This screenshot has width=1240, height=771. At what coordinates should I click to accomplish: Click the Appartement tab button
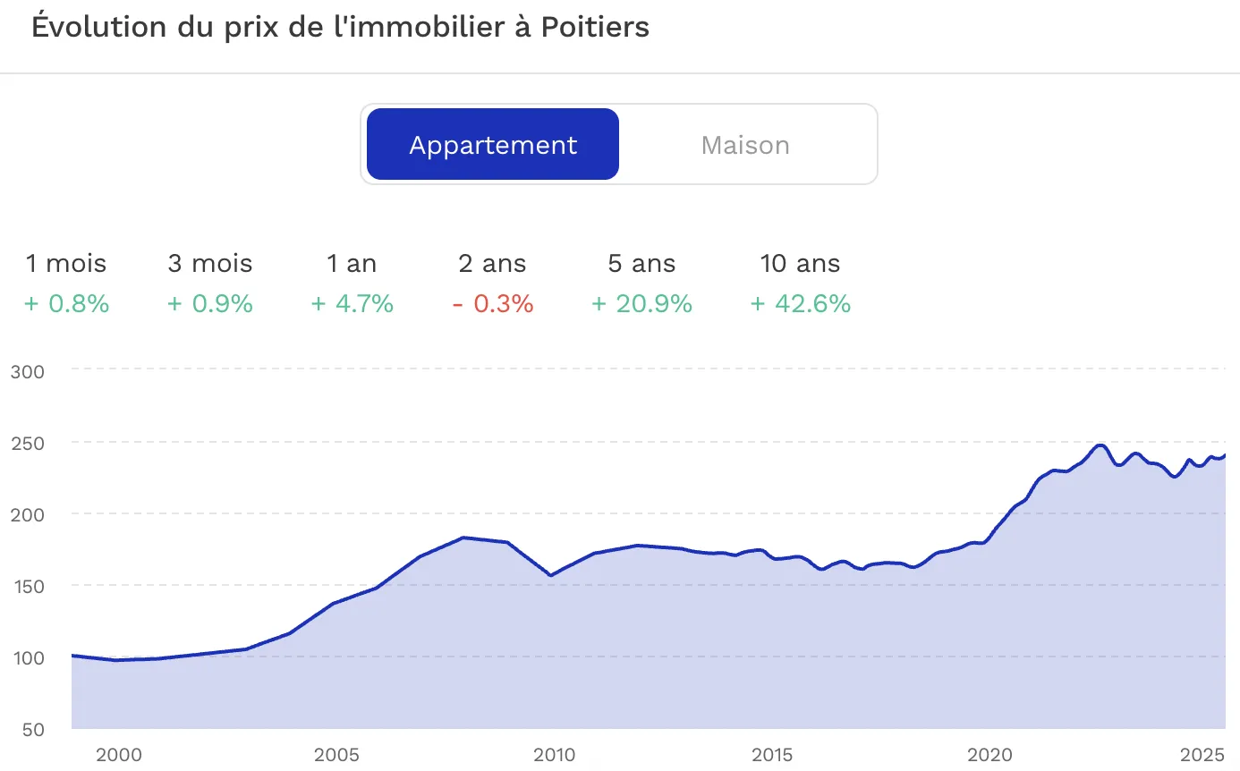click(x=493, y=145)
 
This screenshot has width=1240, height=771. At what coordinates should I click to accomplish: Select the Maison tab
click(x=745, y=145)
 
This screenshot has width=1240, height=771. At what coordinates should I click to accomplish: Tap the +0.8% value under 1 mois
click(x=66, y=304)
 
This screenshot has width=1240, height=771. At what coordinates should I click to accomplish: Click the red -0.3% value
click(x=493, y=304)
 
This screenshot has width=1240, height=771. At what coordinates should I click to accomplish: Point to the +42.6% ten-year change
click(x=800, y=304)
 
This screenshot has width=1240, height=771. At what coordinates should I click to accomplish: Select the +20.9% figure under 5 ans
click(x=641, y=304)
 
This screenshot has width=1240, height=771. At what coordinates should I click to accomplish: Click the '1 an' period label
click(x=352, y=264)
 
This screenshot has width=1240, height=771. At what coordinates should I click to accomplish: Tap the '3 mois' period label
click(x=210, y=264)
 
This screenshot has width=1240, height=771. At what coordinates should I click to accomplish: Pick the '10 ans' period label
click(x=800, y=264)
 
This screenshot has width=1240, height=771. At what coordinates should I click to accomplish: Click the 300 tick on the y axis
click(x=28, y=370)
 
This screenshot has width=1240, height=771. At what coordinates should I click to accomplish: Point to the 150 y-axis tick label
click(x=28, y=586)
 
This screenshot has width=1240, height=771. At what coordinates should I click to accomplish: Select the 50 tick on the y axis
click(x=32, y=729)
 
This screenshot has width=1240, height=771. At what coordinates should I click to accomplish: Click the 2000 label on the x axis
click(x=118, y=755)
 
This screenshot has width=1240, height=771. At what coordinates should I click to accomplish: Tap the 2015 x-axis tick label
click(x=771, y=755)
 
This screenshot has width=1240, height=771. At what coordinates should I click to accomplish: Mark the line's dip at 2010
click(x=550, y=575)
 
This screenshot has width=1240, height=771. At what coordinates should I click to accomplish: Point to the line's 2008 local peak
click(x=463, y=538)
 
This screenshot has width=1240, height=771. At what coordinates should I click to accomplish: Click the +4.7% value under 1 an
click(x=352, y=304)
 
